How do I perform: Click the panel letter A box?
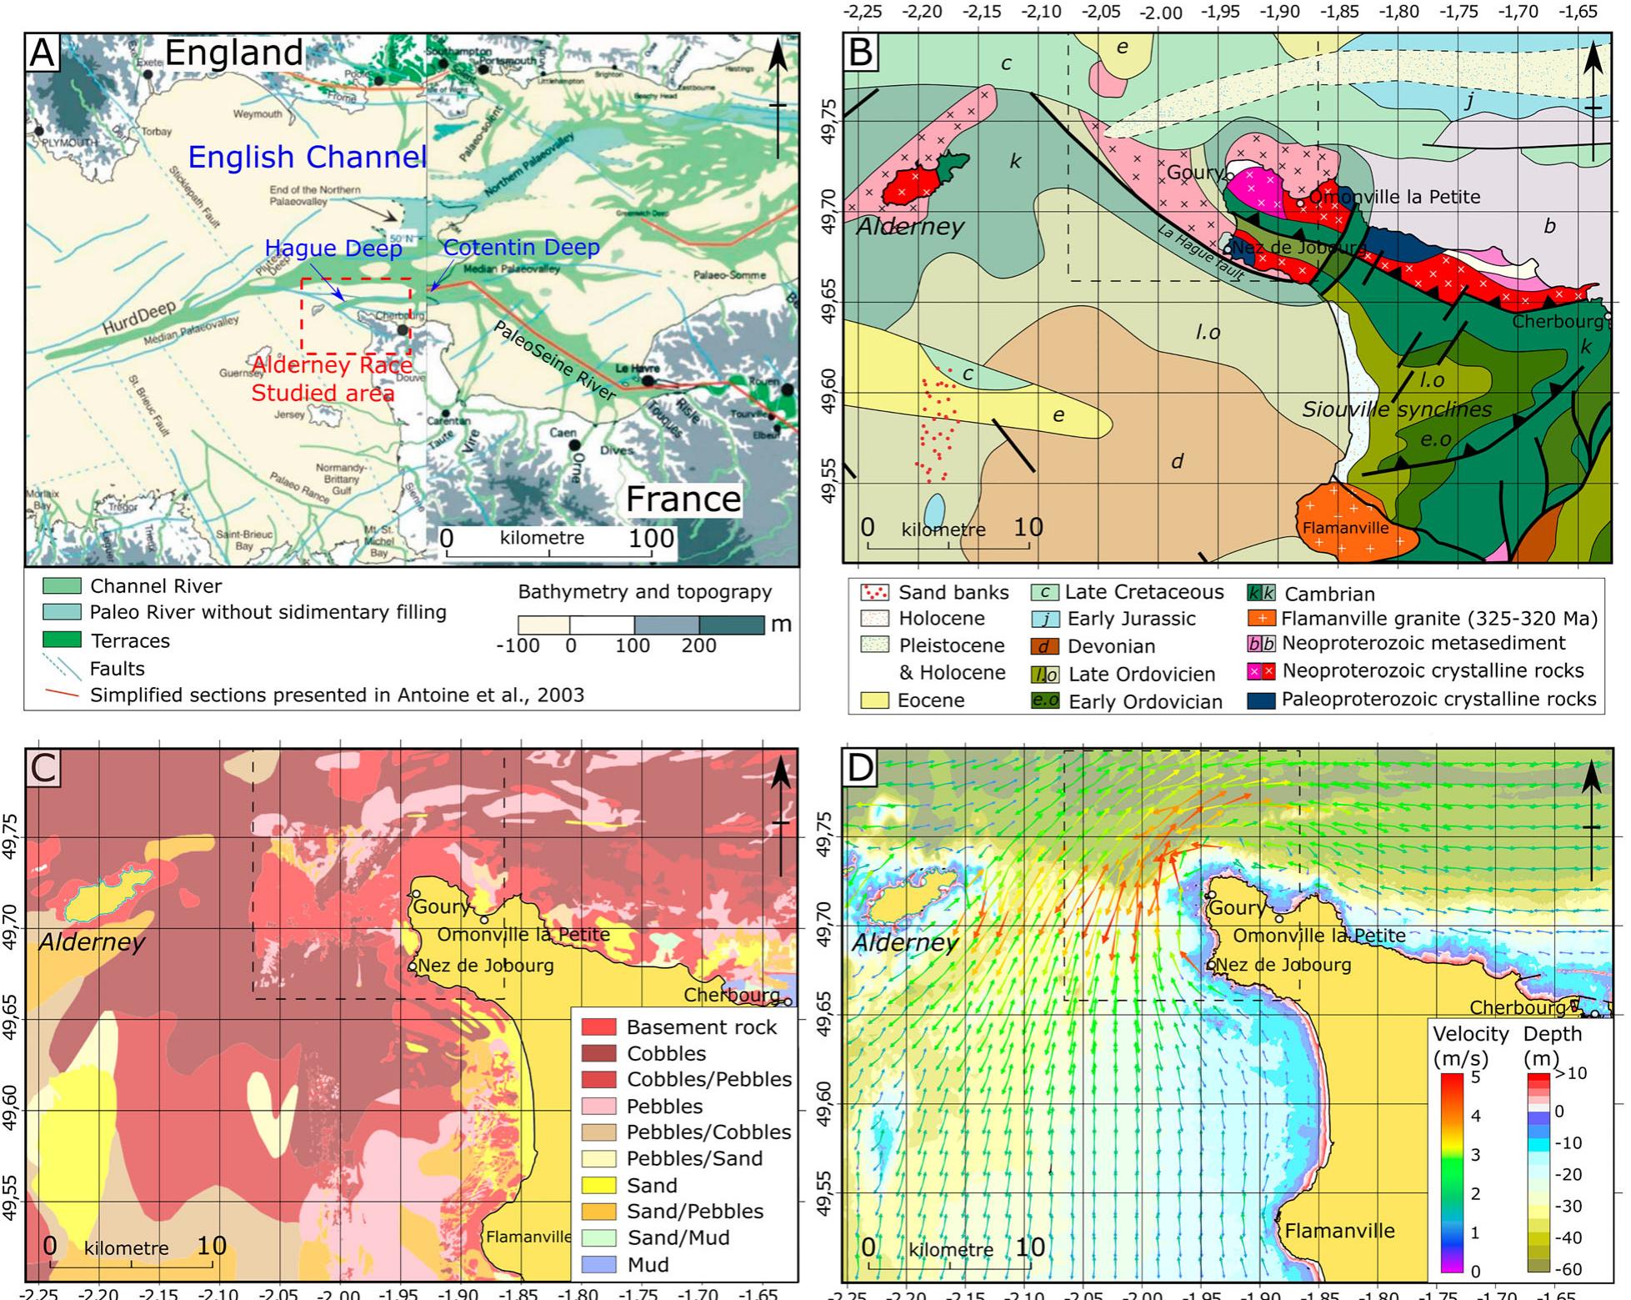[42, 53]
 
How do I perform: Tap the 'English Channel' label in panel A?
[307, 157]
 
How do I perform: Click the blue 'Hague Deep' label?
[333, 248]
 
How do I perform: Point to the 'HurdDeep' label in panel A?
[139, 318]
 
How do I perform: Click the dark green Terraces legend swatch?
[62, 640]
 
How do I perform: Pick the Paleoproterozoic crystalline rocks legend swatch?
[1259, 700]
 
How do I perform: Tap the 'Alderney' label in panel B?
[910, 226]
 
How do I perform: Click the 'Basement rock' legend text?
[701, 1027]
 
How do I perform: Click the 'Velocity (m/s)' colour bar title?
[1470, 1045]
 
